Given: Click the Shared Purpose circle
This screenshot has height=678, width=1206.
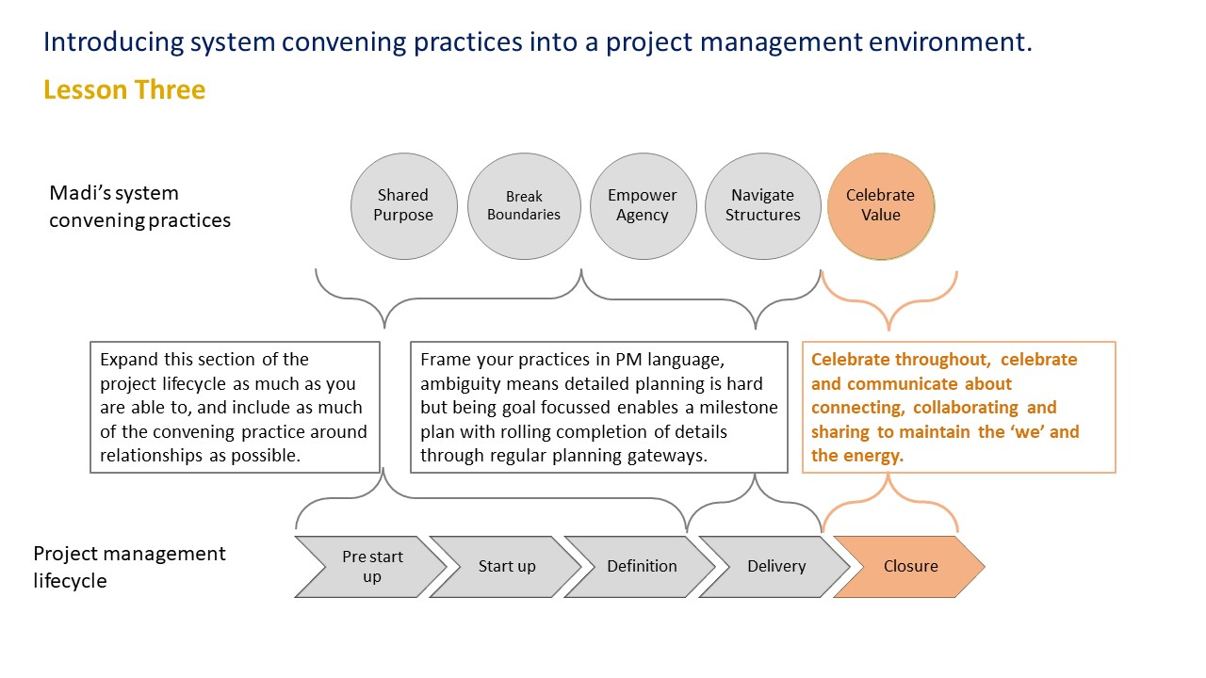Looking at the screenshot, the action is pos(404,206).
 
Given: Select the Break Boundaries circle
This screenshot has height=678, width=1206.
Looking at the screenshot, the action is pos(524,206).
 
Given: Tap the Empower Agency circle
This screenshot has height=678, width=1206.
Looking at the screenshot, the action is pos(643,206).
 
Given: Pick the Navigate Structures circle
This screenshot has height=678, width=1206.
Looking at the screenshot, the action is pos(763,206).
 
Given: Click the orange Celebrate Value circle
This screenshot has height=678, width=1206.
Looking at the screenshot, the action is pos(881,206).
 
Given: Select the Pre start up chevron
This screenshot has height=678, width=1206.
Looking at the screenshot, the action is pos(371,567).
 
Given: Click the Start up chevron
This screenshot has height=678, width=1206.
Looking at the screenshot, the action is pos(506,567).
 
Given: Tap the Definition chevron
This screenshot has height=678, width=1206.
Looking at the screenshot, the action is pos(641,567).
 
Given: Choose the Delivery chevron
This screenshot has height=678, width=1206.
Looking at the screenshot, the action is pos(775,567).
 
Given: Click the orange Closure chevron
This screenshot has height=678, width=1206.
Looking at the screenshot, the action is pos(910,567).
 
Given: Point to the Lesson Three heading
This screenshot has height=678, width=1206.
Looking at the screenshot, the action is pos(124,89).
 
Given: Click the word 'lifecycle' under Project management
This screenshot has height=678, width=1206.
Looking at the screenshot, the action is pos(70,581).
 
